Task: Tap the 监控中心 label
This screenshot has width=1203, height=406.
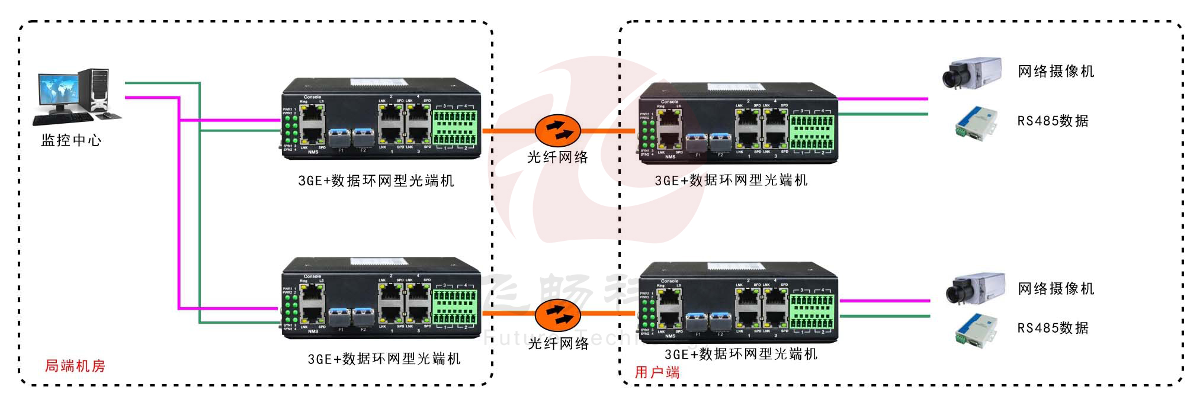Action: point(71,141)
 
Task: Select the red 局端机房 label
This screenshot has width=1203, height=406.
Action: point(75,366)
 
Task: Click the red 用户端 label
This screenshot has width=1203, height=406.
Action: point(657,372)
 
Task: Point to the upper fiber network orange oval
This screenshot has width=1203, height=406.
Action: point(557,130)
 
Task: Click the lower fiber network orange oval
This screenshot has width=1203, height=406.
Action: point(557,315)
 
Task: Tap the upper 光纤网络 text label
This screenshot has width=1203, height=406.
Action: point(557,157)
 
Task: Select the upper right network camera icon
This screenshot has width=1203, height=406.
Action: point(971,73)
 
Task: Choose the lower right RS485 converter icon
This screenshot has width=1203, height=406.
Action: point(975,329)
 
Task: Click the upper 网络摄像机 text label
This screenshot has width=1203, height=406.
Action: point(1056,72)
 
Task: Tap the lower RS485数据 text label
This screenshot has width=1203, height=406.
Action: point(1053,328)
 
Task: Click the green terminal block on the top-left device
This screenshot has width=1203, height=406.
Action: point(455,127)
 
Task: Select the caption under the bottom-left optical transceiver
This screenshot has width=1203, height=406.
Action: point(384,359)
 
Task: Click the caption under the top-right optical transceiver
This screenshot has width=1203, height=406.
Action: point(731,181)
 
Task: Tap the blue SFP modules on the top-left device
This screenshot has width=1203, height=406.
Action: point(351,137)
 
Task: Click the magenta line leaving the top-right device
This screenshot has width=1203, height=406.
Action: point(883,98)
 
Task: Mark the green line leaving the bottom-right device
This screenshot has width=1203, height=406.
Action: point(884,316)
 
